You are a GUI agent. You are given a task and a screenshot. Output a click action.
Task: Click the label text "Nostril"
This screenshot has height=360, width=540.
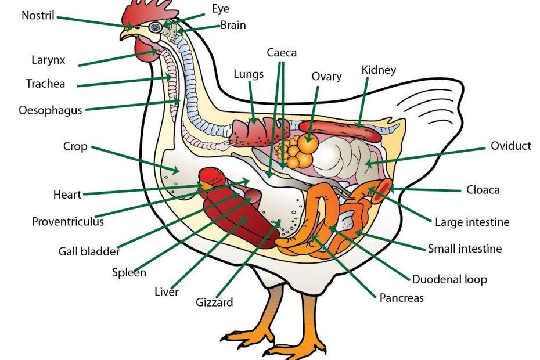coord(38,15)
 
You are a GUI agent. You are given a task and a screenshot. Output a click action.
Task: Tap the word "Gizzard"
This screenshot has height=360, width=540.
coord(214,302)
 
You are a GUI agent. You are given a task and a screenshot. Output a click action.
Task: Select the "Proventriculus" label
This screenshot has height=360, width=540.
coord(68,221)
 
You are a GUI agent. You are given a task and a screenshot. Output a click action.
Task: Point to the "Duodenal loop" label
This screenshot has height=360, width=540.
coord(449,279)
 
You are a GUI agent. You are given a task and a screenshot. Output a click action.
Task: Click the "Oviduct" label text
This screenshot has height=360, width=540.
coord(510,146)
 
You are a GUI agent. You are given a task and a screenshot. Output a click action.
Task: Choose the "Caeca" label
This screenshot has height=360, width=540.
coord(282,53)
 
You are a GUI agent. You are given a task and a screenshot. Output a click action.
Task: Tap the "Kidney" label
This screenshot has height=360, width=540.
coord(379,70)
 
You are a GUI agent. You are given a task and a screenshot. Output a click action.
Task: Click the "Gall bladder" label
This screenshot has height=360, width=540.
coord(89,251)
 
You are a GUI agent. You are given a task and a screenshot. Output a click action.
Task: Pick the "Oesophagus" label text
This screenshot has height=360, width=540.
coord(51,110)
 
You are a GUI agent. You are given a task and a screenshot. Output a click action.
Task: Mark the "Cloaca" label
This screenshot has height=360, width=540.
coord(483,190)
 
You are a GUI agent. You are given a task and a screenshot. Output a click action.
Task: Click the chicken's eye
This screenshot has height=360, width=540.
coord(154,27)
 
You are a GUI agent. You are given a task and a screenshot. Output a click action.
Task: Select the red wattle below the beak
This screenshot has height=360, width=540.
coord(143,51)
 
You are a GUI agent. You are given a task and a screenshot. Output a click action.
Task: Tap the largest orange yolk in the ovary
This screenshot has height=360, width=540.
coord(307,143)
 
